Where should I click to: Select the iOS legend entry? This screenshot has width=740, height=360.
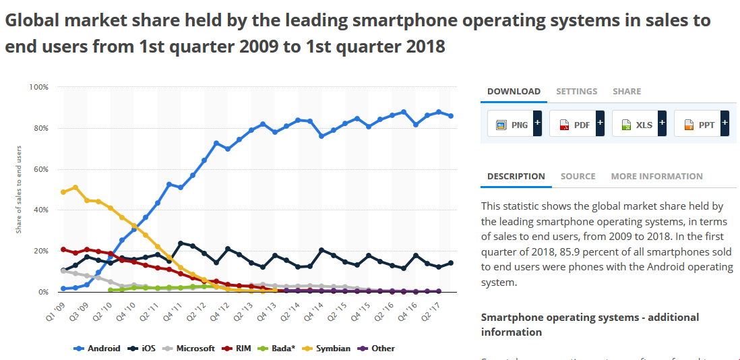(x=144, y=349)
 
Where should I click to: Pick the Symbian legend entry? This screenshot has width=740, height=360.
(x=328, y=349)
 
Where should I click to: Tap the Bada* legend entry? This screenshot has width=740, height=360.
(x=278, y=349)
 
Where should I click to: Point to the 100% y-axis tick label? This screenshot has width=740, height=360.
(x=38, y=87)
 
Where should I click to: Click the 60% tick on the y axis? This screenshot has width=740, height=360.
(x=40, y=169)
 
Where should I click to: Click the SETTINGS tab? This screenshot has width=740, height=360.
(x=576, y=91)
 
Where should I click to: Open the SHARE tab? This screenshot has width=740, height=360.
(x=627, y=91)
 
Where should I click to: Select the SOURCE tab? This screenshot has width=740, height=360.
(x=578, y=176)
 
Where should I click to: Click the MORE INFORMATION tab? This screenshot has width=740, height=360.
(x=656, y=176)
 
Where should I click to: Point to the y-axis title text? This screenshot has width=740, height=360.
(x=19, y=189)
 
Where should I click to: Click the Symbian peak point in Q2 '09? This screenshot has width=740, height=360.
(x=75, y=187)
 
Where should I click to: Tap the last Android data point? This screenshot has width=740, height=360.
(x=450, y=116)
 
